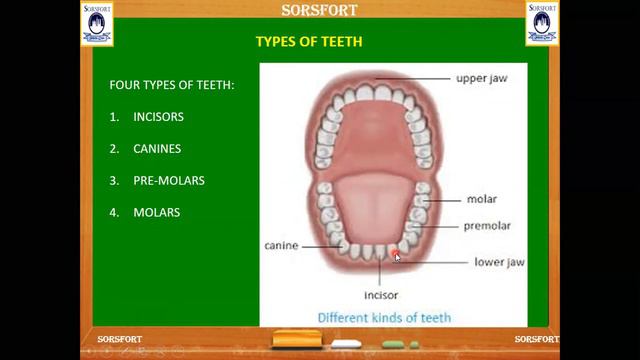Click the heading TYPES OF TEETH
(308, 42)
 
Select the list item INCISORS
(158, 117)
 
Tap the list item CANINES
(156, 149)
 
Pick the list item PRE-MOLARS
(168, 181)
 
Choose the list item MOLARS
(156, 212)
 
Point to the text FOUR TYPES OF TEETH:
(172, 85)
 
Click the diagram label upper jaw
(483, 77)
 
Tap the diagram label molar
(481, 199)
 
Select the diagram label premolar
(487, 226)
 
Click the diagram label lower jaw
(499, 263)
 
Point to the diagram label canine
(281, 245)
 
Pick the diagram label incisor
(381, 295)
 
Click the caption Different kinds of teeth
(384, 318)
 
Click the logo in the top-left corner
(97, 23)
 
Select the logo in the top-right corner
(542, 23)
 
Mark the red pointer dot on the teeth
(395, 254)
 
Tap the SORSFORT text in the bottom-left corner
(119, 340)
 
